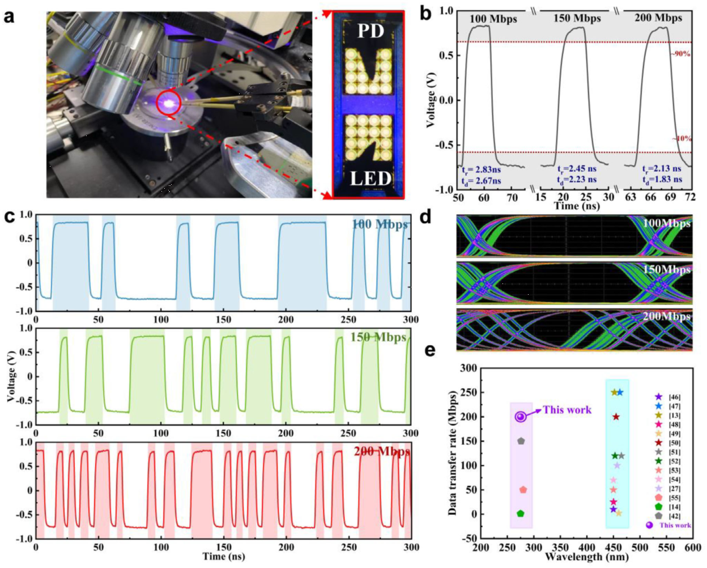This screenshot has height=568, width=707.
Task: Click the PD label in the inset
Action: pos(370,32)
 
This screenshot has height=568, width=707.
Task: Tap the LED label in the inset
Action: pos(369,179)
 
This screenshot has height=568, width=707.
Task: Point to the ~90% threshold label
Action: pos(680,54)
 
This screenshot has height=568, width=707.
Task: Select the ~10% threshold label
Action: pos(681,139)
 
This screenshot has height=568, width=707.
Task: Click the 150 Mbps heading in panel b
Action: pos(577,19)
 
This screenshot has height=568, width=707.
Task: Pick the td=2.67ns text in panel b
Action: pos(481,180)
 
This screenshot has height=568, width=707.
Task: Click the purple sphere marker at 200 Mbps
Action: pos(521,417)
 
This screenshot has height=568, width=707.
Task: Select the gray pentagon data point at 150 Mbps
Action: pos(521,441)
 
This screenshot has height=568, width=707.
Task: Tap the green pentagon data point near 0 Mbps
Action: pos(521,514)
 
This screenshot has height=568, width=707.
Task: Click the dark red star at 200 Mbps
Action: pos(616,417)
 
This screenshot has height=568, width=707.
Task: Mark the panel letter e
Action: pos(430,350)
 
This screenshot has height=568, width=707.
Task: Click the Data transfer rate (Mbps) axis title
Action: pos(453,447)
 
